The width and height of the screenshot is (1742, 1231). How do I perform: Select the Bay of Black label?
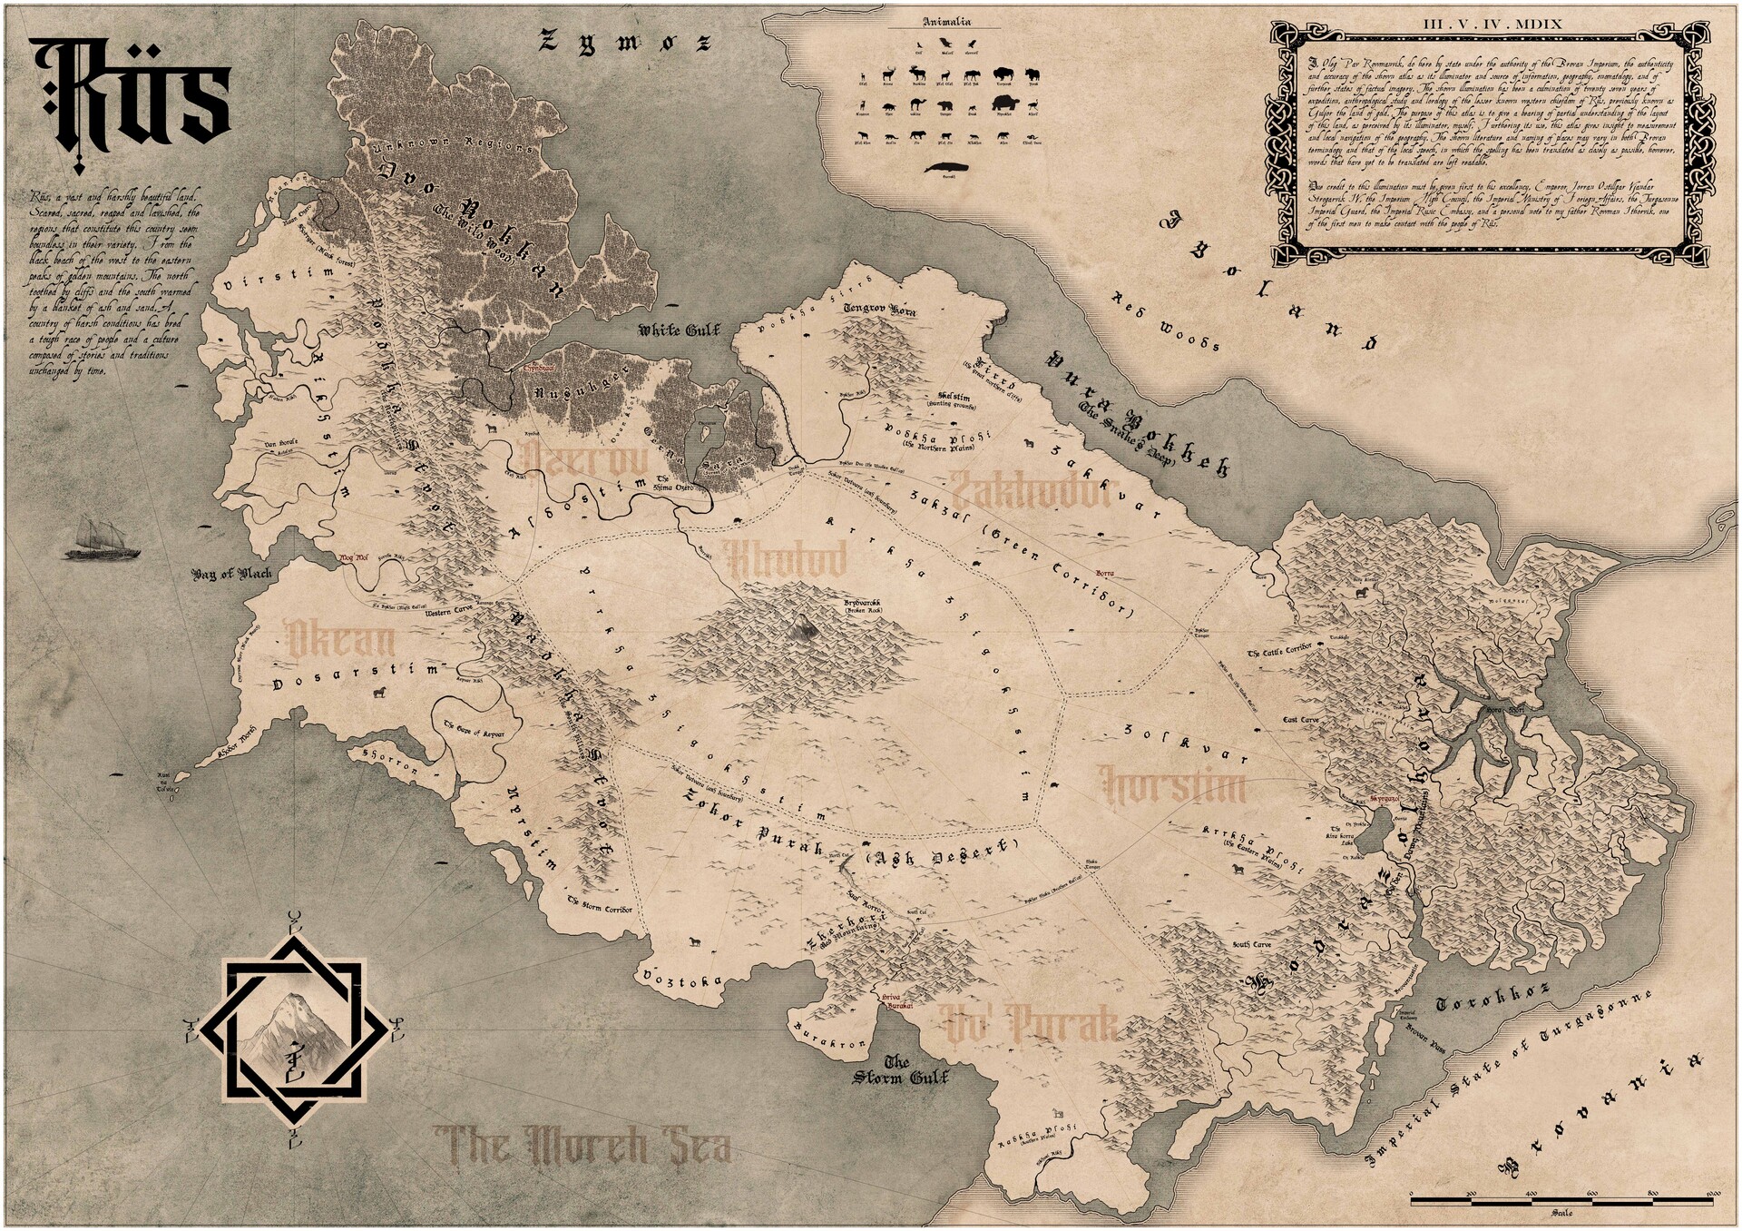(232, 575)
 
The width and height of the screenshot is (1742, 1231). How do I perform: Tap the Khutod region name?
(786, 560)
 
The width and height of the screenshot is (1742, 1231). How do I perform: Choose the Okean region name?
(339, 640)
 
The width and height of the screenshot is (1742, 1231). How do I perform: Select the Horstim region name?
(1170, 783)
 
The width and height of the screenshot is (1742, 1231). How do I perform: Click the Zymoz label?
(626, 41)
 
